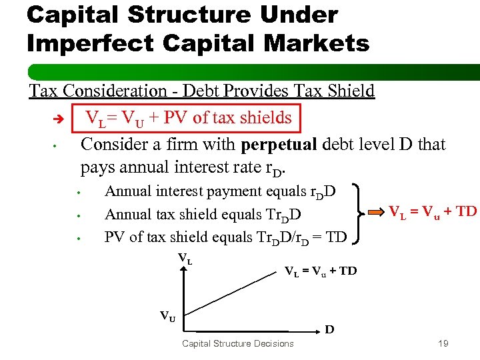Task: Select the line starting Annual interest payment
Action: coord(220,192)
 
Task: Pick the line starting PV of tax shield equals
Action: coord(225,237)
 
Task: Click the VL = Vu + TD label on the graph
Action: coord(321,271)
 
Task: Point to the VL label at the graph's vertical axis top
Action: coord(185,258)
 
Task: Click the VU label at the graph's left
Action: coord(168,317)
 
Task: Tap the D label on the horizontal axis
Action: coord(329,329)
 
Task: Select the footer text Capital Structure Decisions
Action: coord(237,343)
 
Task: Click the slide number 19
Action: coord(443,343)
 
